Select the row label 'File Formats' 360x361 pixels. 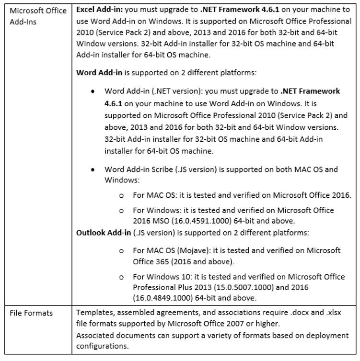[x=32, y=313]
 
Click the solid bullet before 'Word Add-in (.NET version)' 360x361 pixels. [x=92, y=91]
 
